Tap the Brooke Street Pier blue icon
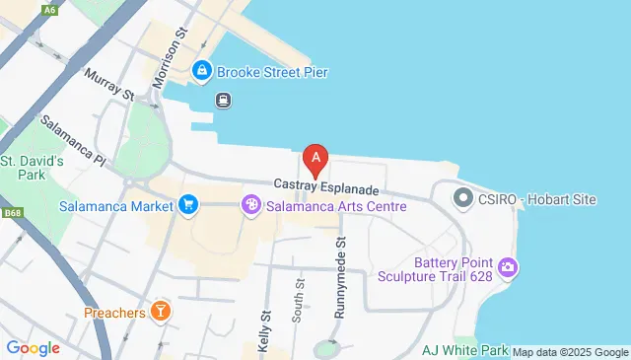[202, 72]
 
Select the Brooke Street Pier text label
[272, 72]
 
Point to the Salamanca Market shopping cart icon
[187, 206]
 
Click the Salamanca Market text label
[115, 206]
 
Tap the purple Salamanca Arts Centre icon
[251, 206]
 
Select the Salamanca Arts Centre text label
[337, 206]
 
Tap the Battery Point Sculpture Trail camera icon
[509, 267]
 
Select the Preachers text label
[113, 312]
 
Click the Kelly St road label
[264, 328]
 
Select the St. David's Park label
[32, 168]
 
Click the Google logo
[33, 348]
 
